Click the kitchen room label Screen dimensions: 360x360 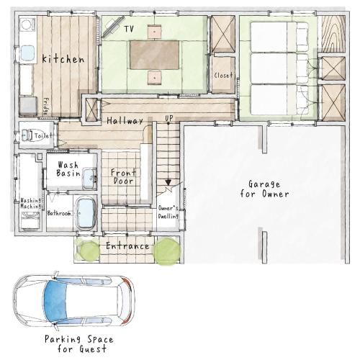click(x=63, y=59)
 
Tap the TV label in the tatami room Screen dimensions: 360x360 click(x=129, y=30)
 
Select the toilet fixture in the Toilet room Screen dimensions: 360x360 click(x=27, y=135)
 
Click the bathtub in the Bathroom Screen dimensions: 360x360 click(x=86, y=214)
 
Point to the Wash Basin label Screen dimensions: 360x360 click(x=68, y=169)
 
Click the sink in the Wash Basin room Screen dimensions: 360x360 click(x=89, y=179)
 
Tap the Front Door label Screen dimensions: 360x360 click(x=123, y=176)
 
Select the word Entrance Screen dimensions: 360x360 click(x=127, y=246)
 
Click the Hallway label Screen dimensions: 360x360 click(x=125, y=121)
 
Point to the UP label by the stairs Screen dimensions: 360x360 click(x=169, y=118)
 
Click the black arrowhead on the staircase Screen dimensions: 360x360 click(x=168, y=183)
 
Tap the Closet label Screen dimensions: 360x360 click(x=223, y=76)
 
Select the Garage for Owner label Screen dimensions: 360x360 click(x=264, y=189)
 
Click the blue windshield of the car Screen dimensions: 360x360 click(x=55, y=301)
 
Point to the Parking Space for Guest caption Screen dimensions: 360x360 click(x=79, y=343)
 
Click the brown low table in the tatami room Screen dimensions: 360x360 click(x=155, y=55)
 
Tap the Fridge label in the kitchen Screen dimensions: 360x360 click(x=45, y=107)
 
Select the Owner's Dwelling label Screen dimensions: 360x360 click(x=168, y=212)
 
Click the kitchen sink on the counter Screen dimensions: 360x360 click(x=27, y=53)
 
